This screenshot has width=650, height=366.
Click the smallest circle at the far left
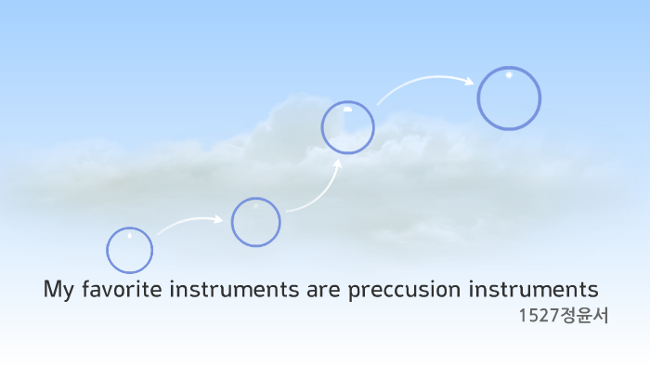point(129,250)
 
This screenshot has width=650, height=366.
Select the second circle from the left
point(255,222)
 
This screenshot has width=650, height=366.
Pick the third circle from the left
point(347,127)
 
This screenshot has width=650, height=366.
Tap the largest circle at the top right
point(509,98)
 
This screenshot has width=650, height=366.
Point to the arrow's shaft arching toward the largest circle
point(418,84)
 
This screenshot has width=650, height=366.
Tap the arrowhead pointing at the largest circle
point(469,80)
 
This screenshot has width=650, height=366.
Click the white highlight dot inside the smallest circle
point(129,235)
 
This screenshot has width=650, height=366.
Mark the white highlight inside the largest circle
point(509,75)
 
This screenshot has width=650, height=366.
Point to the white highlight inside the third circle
point(347,109)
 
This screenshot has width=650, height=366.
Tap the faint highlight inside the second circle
point(255,206)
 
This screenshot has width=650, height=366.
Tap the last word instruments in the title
point(538,289)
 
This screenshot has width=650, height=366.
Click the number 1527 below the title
point(538,316)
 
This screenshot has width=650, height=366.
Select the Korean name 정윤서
point(583,316)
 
